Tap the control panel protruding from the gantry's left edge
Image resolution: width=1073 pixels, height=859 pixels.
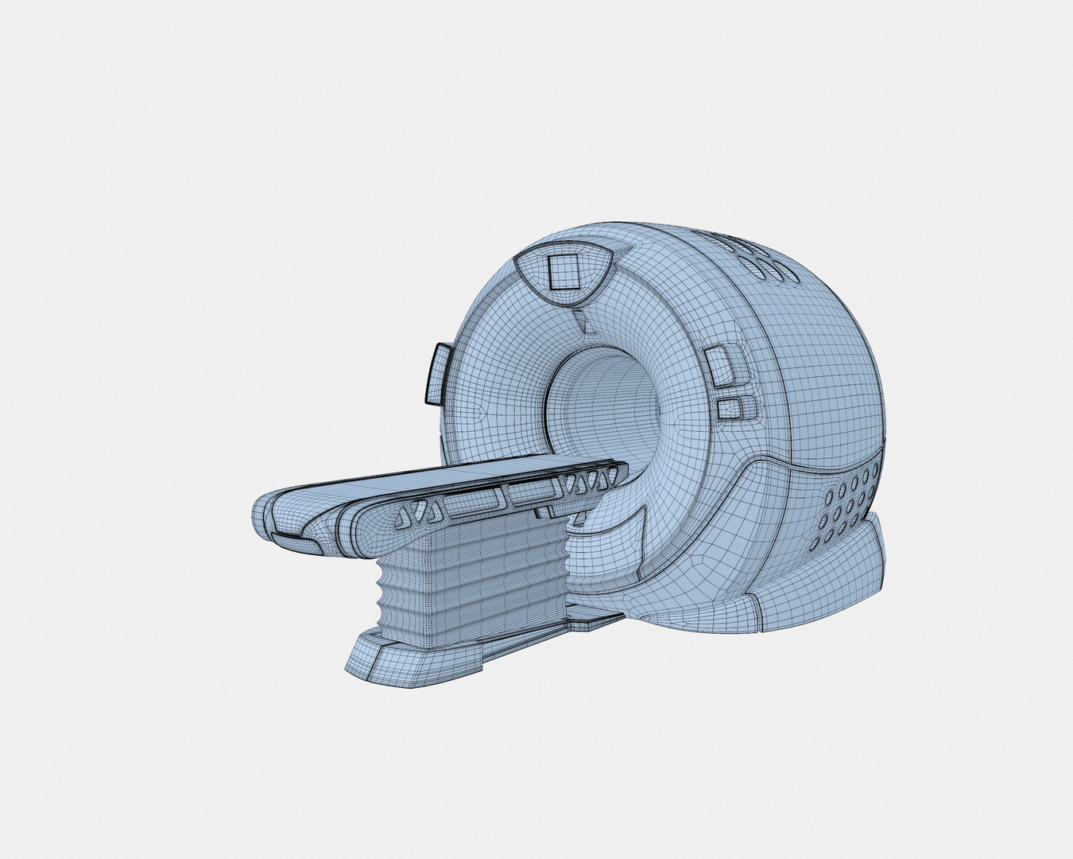pyautogui.click(x=438, y=371)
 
